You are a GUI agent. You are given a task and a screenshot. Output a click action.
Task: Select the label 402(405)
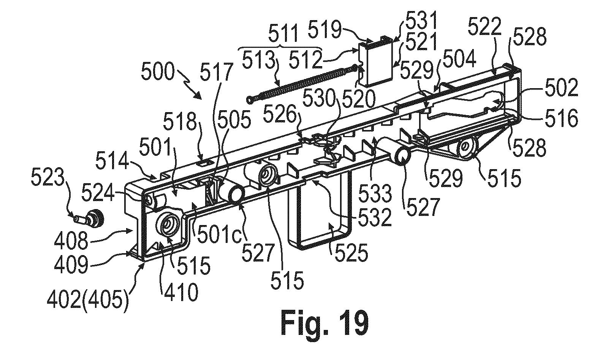pyautogui.click(x=87, y=303)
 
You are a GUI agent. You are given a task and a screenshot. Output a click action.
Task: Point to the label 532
pyautogui.click(x=375, y=218)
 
